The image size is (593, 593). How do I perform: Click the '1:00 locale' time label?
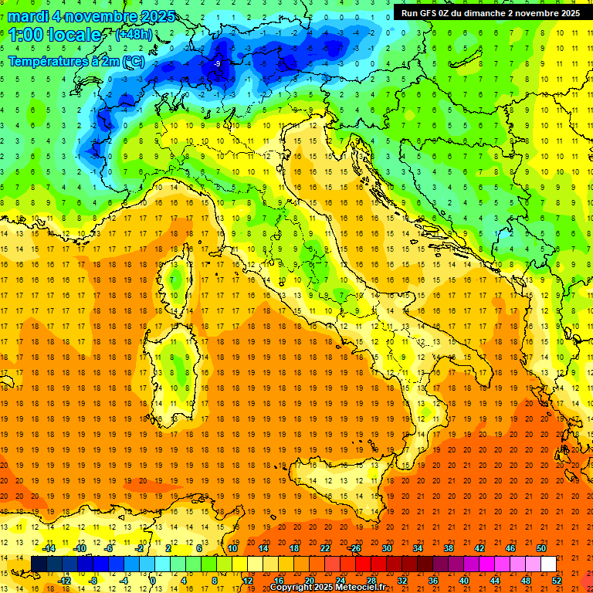(55, 35)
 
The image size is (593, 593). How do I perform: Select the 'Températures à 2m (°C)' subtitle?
(76, 61)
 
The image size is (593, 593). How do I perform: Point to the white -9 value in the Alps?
(218, 63)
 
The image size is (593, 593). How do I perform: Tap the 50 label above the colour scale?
(541, 548)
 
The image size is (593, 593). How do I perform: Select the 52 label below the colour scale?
(557, 580)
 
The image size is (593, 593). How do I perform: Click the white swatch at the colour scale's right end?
(548, 564)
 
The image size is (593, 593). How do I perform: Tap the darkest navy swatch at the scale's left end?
(39, 564)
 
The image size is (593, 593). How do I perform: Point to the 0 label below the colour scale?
(153, 580)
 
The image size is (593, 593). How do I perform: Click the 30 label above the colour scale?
(386, 548)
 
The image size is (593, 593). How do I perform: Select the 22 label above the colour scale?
(324, 548)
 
